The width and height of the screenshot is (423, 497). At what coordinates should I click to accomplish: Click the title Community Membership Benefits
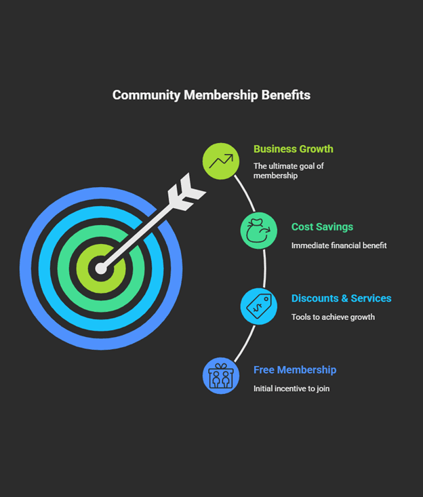click(211, 95)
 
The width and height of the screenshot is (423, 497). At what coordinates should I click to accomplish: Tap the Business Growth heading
click(293, 149)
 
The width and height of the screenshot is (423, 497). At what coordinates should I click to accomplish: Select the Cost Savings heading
click(322, 227)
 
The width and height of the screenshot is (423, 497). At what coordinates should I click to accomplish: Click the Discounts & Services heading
click(341, 298)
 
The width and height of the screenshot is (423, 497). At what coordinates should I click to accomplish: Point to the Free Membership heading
click(294, 370)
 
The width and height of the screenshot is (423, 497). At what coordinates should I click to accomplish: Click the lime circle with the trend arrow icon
click(221, 161)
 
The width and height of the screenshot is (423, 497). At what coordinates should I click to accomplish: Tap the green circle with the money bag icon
click(258, 231)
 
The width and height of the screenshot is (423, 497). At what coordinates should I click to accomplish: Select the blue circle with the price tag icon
click(258, 306)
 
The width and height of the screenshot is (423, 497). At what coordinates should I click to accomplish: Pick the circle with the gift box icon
click(221, 376)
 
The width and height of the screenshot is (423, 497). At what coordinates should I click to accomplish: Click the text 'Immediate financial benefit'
click(338, 245)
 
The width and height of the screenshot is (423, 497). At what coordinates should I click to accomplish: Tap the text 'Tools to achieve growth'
click(332, 317)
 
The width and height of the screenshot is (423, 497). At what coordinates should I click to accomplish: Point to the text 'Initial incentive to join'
click(291, 389)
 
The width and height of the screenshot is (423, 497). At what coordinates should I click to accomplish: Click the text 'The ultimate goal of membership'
click(288, 171)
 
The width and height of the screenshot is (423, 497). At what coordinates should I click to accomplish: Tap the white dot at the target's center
click(101, 269)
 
